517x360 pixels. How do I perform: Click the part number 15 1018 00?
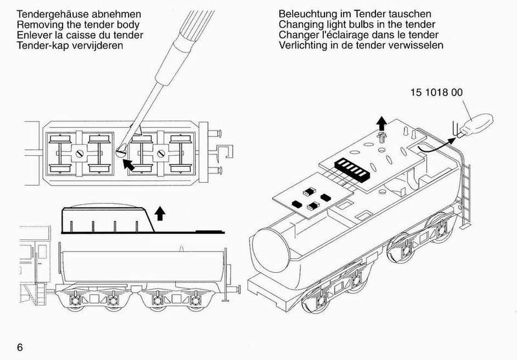click(436, 92)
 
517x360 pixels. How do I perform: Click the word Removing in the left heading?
click(41, 25)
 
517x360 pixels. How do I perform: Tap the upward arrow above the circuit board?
click(382, 122)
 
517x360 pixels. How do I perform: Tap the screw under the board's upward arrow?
click(382, 137)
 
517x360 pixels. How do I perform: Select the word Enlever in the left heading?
click(36, 36)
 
